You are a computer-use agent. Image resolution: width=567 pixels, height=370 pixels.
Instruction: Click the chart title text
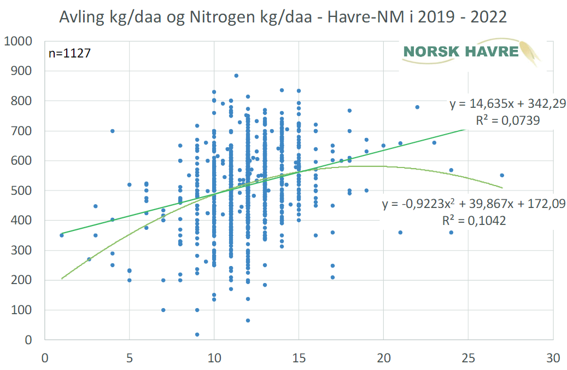pyautogui.click(x=283, y=17)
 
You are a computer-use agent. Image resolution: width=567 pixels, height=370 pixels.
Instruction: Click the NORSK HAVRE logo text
pyautogui.click(x=460, y=52)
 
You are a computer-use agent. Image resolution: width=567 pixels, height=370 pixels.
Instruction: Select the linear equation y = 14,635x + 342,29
pyautogui.click(x=508, y=104)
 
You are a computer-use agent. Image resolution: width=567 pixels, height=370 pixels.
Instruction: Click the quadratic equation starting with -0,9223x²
pyautogui.click(x=474, y=204)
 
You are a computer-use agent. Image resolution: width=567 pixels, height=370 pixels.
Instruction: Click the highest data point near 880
pyautogui.click(x=236, y=76)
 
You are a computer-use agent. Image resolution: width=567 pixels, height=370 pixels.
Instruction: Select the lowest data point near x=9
pyautogui.click(x=197, y=334)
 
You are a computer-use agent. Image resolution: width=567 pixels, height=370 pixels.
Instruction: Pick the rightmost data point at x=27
pyautogui.click(x=502, y=176)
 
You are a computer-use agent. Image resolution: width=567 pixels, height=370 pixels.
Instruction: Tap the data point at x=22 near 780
pyautogui.click(x=417, y=107)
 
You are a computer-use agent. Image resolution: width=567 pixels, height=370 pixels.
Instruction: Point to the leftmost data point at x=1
pyautogui.click(x=62, y=235)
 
